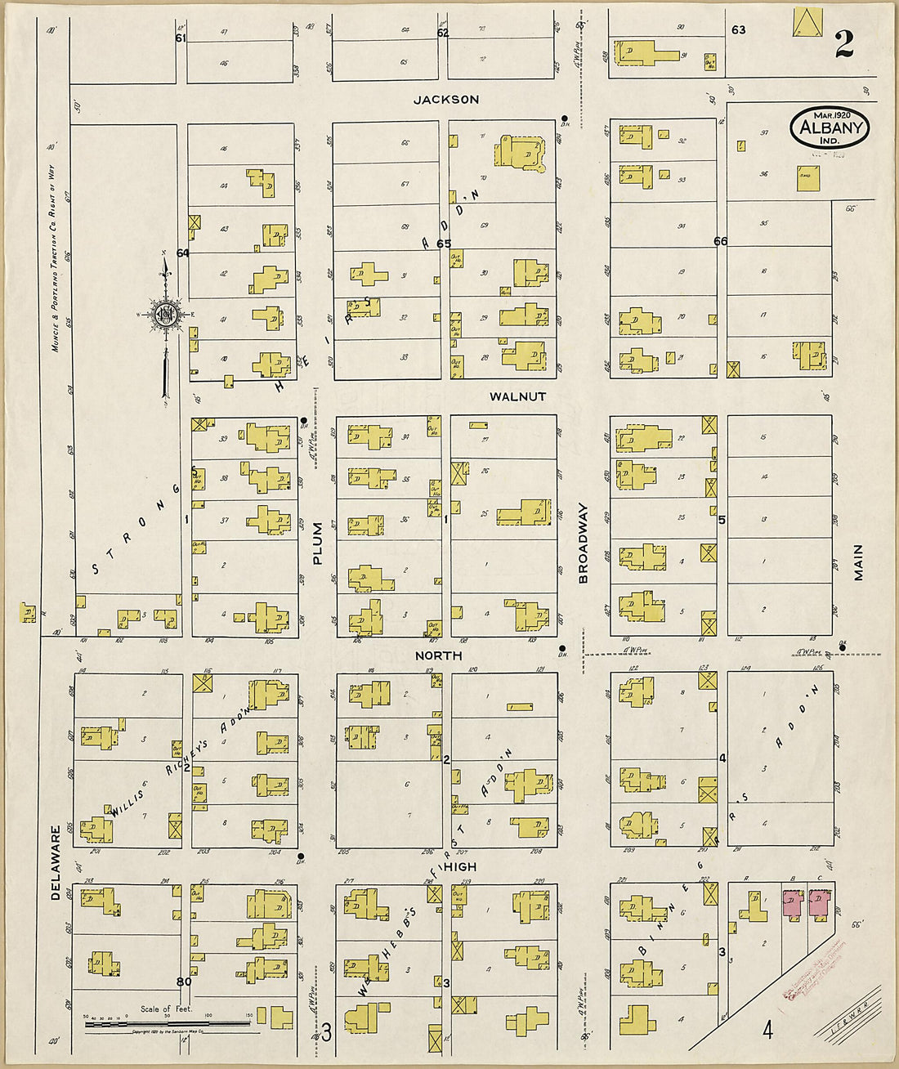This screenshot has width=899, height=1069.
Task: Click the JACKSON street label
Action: pyautogui.click(x=446, y=100)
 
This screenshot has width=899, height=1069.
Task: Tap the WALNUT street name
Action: pyautogui.click(x=517, y=396)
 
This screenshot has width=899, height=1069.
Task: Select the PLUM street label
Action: pyautogui.click(x=318, y=543)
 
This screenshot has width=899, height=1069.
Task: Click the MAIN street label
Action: pyautogui.click(x=859, y=562)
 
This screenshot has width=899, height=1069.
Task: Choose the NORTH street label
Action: pyautogui.click(x=438, y=655)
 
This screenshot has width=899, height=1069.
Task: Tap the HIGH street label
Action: pyautogui.click(x=461, y=866)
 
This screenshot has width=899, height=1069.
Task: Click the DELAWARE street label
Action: pyautogui.click(x=56, y=863)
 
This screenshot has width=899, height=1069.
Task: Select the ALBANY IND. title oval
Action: pyautogui.click(x=830, y=128)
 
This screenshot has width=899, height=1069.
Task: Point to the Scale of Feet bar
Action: pyautogui.click(x=168, y=1022)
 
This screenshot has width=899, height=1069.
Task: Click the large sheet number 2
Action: pyautogui.click(x=843, y=45)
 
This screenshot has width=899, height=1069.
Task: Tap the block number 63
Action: pyautogui.click(x=739, y=30)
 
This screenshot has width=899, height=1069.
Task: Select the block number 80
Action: pyautogui.click(x=183, y=982)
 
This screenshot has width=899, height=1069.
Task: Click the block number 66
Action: pyautogui.click(x=720, y=241)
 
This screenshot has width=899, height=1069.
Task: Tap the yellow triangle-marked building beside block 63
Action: pyautogui.click(x=807, y=22)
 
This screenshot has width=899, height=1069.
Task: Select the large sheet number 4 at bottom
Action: pyautogui.click(x=767, y=1030)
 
